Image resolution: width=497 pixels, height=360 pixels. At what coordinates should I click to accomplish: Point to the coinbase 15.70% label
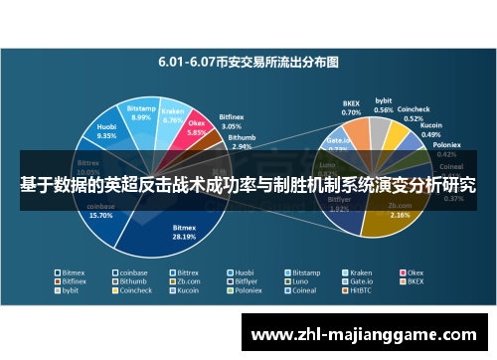pos(101,211)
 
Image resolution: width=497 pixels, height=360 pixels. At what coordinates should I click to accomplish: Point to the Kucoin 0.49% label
pos(431,130)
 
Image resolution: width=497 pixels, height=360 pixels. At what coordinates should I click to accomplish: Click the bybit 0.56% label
pos(383,104)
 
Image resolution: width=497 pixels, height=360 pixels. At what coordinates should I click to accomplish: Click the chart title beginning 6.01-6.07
pos(248,61)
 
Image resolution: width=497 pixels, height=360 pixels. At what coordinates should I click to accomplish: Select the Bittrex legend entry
pos(185,271)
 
